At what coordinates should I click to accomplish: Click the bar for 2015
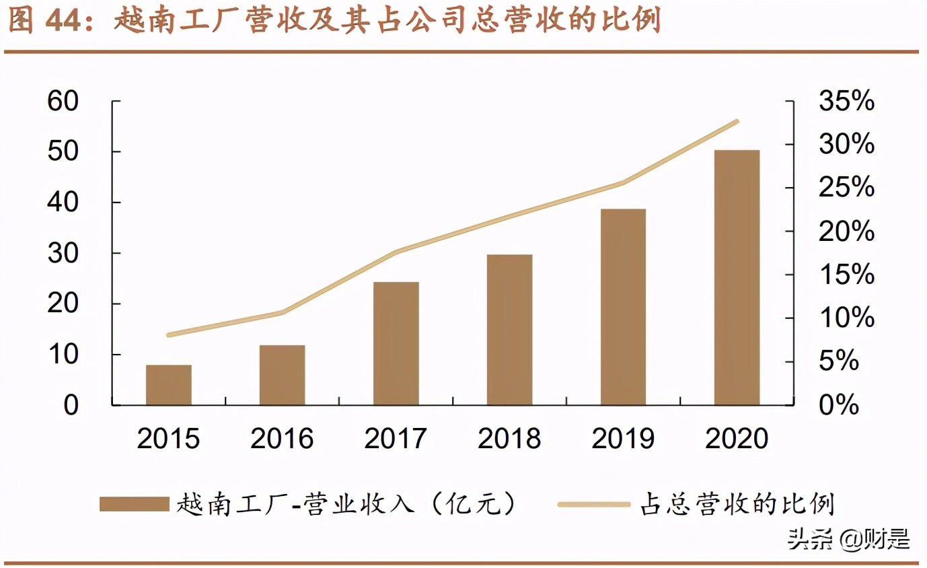click(169, 385)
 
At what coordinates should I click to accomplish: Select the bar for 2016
click(283, 375)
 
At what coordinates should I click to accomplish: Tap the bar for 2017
click(396, 343)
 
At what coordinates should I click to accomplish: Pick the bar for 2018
click(510, 330)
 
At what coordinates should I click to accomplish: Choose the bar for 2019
click(623, 307)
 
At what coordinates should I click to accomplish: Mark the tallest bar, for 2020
click(737, 277)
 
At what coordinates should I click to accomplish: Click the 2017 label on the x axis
click(396, 439)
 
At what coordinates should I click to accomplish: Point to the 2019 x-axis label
click(623, 439)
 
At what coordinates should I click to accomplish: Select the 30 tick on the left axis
click(63, 254)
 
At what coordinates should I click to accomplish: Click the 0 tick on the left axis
click(71, 406)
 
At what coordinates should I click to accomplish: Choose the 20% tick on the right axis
click(846, 232)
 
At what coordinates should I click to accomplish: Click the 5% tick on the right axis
click(839, 362)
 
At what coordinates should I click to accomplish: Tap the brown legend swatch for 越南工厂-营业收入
click(134, 504)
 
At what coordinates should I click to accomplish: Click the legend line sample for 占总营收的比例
click(594, 504)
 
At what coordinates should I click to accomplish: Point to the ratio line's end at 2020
click(737, 121)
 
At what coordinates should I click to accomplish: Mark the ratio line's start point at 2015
click(168, 334)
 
